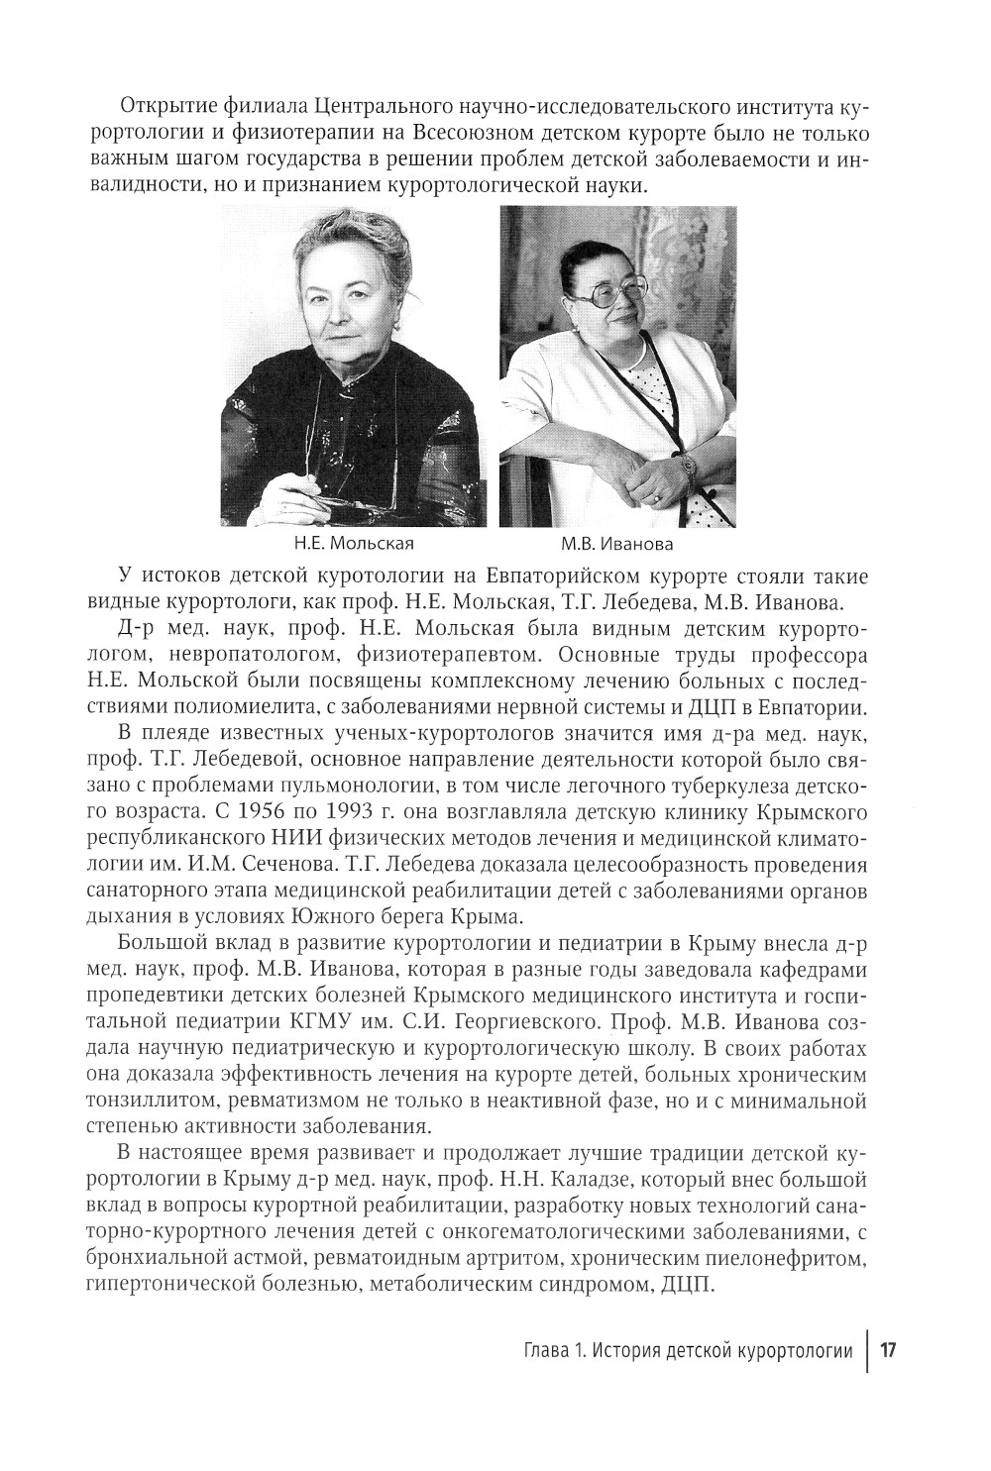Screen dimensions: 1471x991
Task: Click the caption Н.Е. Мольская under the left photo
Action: (x=353, y=543)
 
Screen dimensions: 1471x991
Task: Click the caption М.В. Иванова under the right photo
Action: (x=616, y=543)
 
